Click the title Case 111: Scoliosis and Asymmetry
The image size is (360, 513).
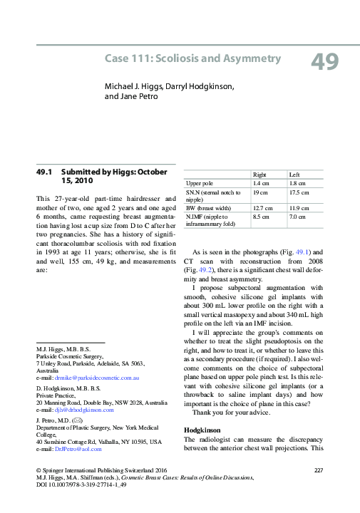(x=192, y=58)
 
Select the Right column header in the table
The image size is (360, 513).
(x=260, y=175)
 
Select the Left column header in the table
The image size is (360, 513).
(x=294, y=175)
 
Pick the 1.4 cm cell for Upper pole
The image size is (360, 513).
(x=262, y=183)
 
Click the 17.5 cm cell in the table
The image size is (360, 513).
(x=299, y=192)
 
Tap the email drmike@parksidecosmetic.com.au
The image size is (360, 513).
(x=91, y=377)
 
